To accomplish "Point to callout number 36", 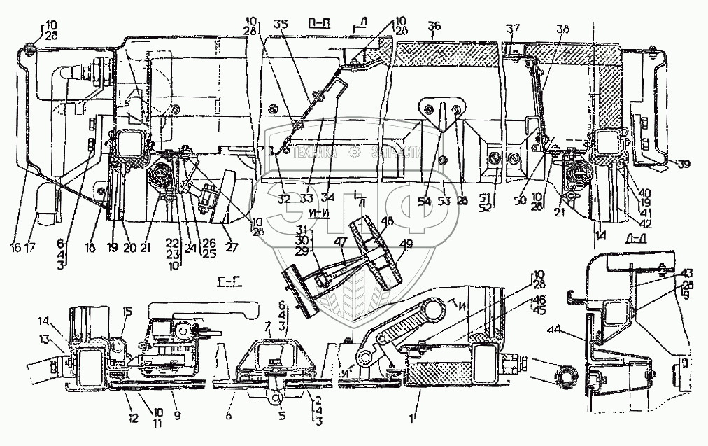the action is pyautogui.click(x=434, y=26).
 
